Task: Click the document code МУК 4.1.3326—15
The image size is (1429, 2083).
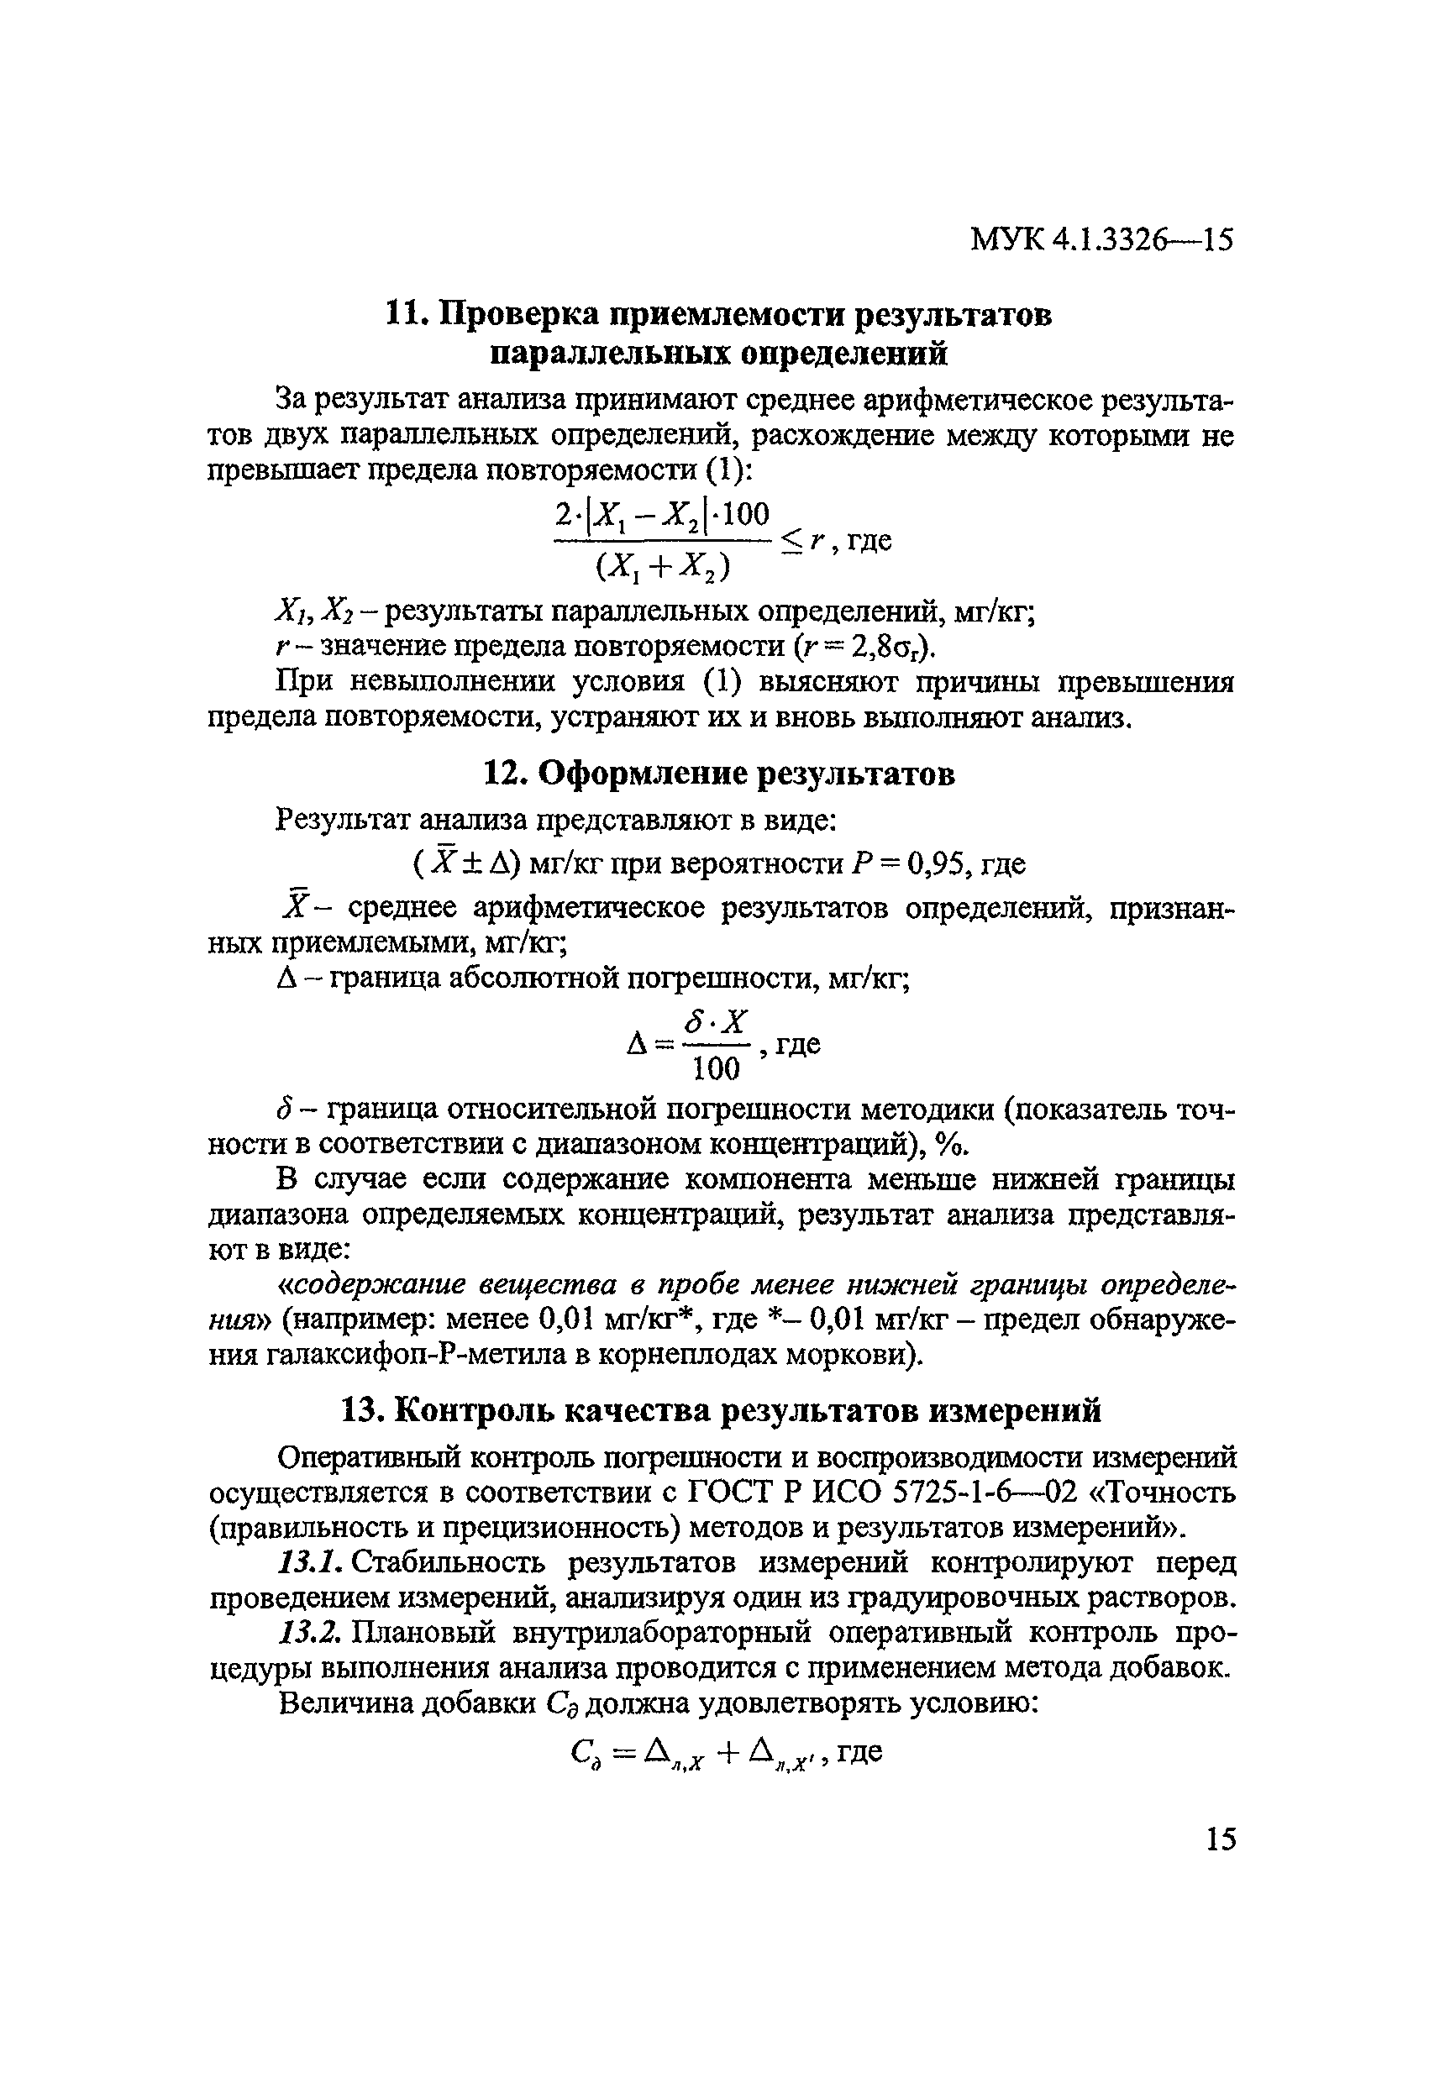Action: click(1101, 240)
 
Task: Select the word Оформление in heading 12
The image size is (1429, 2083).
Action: click(642, 774)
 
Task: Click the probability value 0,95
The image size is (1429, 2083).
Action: click(939, 864)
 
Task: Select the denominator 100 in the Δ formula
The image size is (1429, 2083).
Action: click(717, 1069)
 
